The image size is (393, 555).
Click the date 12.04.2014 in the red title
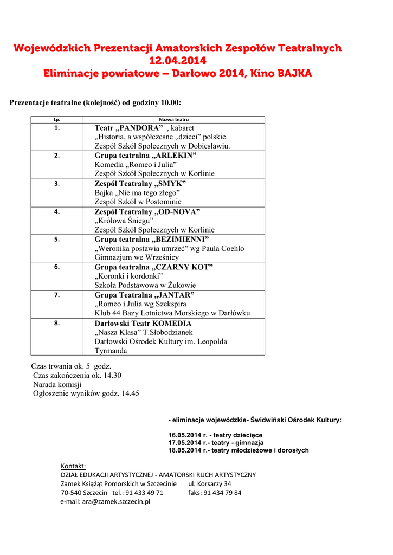click(x=178, y=61)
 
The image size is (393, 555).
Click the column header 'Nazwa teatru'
click(x=174, y=120)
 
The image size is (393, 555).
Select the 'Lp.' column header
click(x=57, y=120)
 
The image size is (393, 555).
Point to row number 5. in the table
click(x=57, y=239)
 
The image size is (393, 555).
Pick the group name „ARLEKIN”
click(x=175, y=156)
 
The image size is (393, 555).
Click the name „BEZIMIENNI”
click(x=181, y=239)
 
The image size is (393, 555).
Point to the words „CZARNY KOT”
click(x=183, y=267)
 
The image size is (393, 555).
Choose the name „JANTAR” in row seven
click(x=174, y=295)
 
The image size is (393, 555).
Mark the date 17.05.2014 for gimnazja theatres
click(x=184, y=443)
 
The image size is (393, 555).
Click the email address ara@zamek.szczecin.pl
click(x=116, y=501)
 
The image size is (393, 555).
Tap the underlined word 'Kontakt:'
click(x=73, y=466)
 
